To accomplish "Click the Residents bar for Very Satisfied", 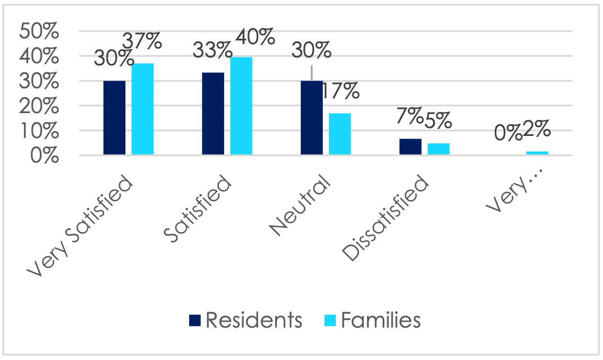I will click(x=114, y=118).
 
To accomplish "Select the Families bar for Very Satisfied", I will click(x=142, y=109).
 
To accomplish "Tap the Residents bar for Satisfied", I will click(x=213, y=114).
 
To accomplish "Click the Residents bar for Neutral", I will click(x=312, y=118).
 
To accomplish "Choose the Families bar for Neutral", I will click(x=340, y=134).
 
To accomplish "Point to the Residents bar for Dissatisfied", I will click(x=411, y=147).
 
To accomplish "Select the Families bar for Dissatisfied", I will click(x=439, y=149).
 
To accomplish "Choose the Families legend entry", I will click(x=372, y=320).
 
